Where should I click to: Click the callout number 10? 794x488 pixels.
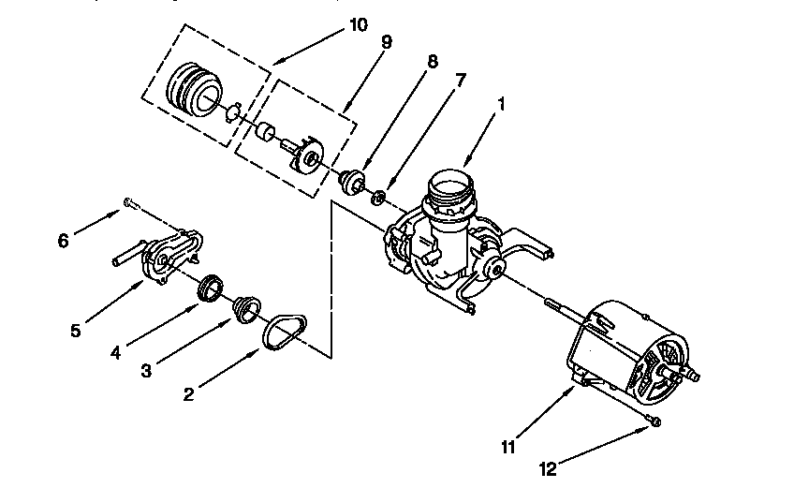(x=358, y=24)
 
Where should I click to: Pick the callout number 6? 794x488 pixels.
(x=64, y=240)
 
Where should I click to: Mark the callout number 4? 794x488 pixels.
(x=115, y=353)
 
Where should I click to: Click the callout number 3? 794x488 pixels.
(x=145, y=372)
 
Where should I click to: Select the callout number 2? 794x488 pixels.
(x=188, y=394)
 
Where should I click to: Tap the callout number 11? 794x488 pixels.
(x=507, y=446)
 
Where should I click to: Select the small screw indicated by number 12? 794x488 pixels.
(x=654, y=422)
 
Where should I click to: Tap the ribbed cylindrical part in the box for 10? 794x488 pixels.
(x=193, y=91)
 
